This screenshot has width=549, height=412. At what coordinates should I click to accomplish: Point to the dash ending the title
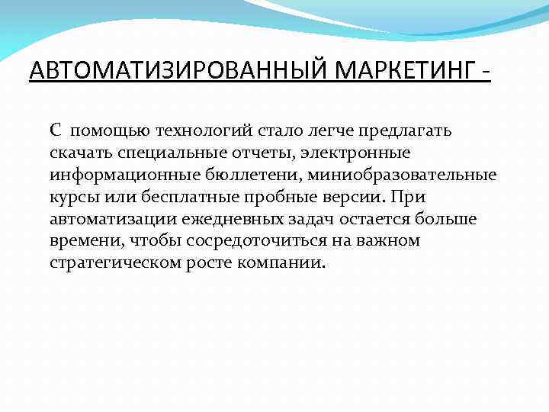486,75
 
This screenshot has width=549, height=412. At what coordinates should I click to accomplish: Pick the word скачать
79,153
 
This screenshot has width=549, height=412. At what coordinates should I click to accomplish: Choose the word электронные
358,153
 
